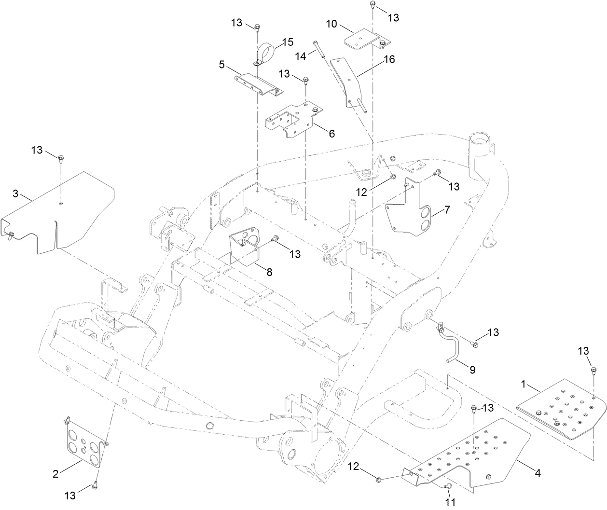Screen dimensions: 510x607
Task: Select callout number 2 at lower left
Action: pyautogui.click(x=55, y=473)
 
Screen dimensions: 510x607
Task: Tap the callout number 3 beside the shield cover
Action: pyautogui.click(x=15, y=194)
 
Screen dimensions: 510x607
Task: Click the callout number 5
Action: pyautogui.click(x=221, y=64)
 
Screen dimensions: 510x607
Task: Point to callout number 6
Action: pyautogui.click(x=331, y=134)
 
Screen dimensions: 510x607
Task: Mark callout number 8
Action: pyautogui.click(x=269, y=272)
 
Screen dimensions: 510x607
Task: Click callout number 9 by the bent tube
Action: pyautogui.click(x=472, y=370)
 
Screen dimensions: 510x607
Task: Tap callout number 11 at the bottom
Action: pyautogui.click(x=451, y=502)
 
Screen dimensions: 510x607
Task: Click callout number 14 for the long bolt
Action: pyautogui.click(x=300, y=56)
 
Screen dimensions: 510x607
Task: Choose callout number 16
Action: pyautogui.click(x=389, y=59)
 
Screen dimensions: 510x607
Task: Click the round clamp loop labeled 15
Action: pyautogui.click(x=265, y=52)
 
